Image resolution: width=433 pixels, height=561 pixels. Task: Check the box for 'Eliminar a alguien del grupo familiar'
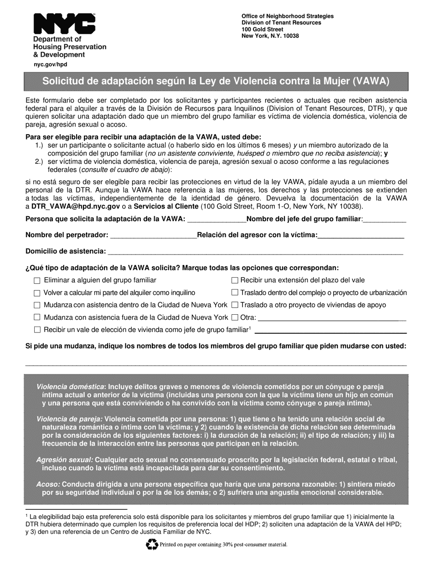(37, 280)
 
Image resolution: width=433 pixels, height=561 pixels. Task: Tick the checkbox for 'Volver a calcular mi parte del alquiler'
(37, 293)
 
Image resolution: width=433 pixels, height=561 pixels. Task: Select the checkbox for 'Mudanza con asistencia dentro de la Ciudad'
(37, 305)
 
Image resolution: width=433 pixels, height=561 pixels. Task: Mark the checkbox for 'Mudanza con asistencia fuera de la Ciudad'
(37, 317)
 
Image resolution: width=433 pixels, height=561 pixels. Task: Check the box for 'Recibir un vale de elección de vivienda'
(37, 330)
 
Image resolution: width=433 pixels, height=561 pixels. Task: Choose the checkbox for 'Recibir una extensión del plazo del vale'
(235, 280)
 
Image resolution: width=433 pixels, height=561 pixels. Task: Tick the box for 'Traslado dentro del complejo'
(235, 293)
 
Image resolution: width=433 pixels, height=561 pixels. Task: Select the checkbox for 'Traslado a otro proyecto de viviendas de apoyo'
(235, 305)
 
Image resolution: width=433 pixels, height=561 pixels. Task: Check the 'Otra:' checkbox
(235, 317)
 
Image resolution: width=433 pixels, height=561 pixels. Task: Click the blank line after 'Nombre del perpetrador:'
(153, 236)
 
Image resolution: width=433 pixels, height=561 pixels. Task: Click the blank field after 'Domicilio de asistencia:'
(254, 251)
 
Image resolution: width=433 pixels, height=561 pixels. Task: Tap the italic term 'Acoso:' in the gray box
(48, 484)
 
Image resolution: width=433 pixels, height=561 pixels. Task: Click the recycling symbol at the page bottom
(150, 544)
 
